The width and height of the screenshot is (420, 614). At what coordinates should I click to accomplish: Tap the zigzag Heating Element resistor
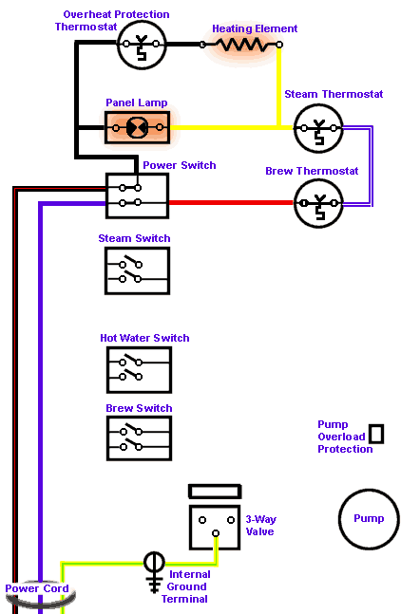(240, 45)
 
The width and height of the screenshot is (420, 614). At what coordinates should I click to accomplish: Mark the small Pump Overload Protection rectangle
(376, 434)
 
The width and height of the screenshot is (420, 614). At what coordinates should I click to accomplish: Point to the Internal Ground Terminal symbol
(154, 572)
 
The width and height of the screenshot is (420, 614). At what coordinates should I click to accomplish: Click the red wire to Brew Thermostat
(231, 202)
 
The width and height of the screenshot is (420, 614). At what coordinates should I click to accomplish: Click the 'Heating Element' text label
(255, 28)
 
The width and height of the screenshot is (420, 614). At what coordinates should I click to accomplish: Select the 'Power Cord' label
(37, 588)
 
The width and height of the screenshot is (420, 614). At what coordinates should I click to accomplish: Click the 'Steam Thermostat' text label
(334, 94)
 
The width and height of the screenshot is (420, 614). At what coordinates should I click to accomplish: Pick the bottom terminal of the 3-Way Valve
(216, 533)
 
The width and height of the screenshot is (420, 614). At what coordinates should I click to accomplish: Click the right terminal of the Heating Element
(278, 45)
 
